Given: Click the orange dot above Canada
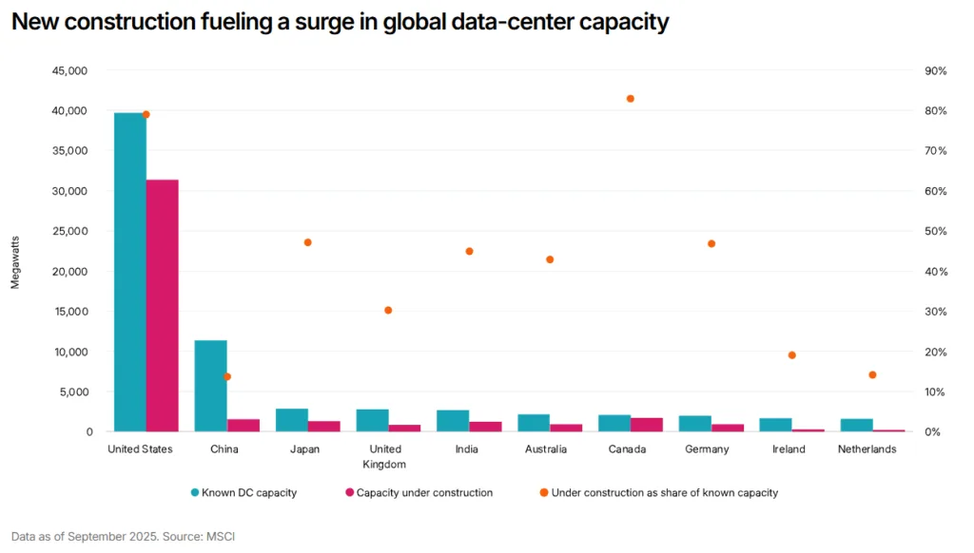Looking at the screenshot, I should click(630, 99).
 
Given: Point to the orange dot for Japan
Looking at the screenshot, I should click(307, 242).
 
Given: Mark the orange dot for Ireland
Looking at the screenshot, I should click(791, 355).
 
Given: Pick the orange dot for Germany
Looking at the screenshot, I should click(711, 244).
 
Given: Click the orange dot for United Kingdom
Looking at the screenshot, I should click(388, 311).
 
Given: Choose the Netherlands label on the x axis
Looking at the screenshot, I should click(867, 449).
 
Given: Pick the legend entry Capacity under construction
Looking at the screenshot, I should click(423, 492).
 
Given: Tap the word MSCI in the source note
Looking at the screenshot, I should click(221, 537).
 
